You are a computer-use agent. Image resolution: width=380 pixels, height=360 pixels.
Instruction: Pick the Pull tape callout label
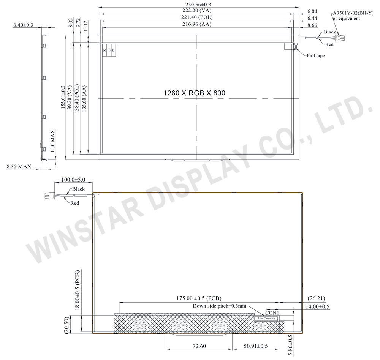tap(316, 56)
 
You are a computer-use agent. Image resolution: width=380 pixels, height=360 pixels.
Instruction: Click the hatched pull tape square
tap(295, 46)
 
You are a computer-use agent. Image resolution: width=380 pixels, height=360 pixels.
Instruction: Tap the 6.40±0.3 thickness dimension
tap(23, 25)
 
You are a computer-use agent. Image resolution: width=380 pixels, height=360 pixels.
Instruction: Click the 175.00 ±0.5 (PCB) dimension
tap(199, 298)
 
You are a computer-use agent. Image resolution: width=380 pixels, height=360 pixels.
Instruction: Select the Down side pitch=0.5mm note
tap(220, 306)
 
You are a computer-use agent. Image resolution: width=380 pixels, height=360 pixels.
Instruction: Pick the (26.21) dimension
tap(313, 298)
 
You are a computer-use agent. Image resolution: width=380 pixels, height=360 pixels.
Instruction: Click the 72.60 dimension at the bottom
tap(199, 346)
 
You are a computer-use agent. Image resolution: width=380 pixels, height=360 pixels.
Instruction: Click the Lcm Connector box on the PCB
tap(266, 319)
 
